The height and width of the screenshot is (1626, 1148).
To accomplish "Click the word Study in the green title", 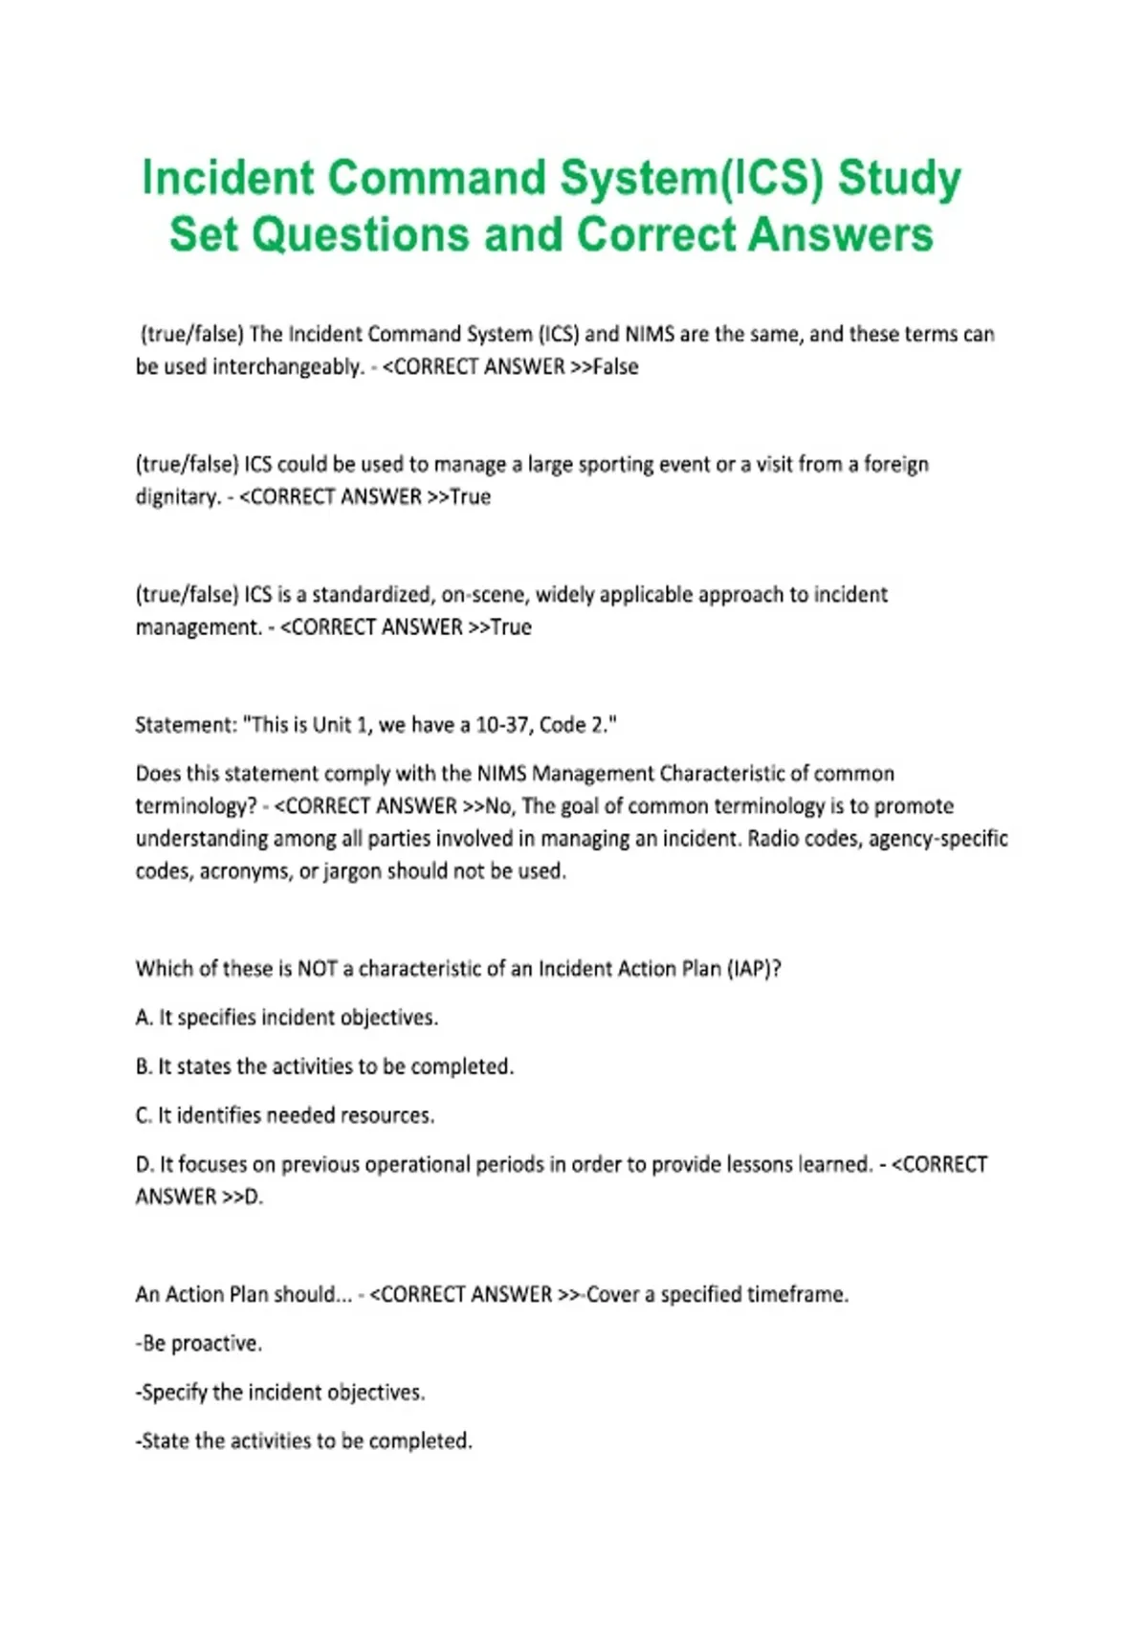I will point(899,179).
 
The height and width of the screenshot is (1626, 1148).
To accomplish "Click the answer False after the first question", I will point(615,366).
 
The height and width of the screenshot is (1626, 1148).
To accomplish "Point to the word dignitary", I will point(177,497).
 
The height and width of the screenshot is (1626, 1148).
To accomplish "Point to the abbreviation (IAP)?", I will point(754,968).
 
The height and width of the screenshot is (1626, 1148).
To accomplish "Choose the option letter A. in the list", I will point(144,1018).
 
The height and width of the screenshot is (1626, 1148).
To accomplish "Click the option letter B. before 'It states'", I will point(144,1066).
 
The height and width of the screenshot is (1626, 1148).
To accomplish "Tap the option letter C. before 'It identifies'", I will point(144,1115).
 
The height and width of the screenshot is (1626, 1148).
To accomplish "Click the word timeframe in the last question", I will point(796,1294).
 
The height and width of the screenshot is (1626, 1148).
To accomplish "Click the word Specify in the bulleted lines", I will point(173,1392).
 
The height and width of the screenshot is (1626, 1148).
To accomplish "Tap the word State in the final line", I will point(165,1440).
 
